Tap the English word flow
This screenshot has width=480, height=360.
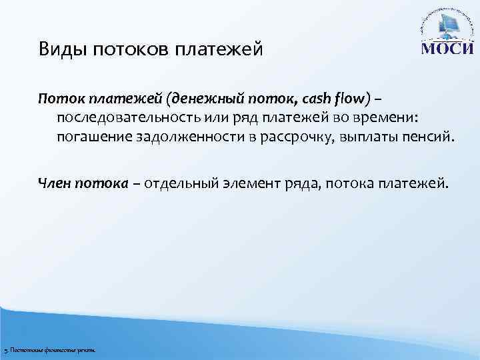(x=349, y=99)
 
